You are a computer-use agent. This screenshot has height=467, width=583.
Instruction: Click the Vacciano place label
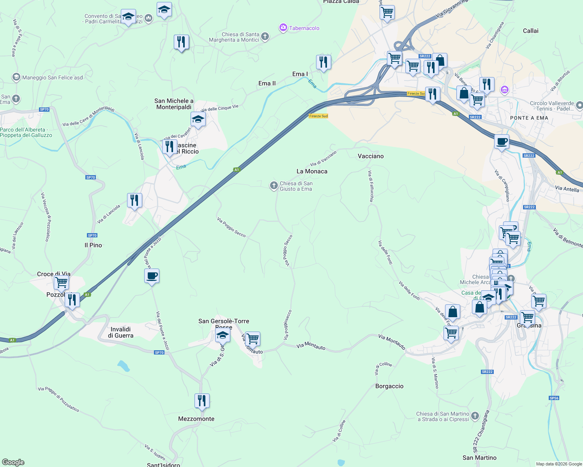(371, 156)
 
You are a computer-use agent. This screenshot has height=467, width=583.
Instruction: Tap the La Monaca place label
(312, 171)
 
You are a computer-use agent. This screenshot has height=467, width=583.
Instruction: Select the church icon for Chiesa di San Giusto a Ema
(274, 186)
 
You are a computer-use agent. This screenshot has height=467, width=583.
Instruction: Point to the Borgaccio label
(389, 386)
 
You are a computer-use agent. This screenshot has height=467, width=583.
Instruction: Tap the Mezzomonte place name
(196, 419)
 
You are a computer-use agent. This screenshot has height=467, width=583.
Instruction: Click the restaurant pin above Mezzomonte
(202, 401)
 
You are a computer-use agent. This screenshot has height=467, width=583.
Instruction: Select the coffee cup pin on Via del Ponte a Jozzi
(152, 276)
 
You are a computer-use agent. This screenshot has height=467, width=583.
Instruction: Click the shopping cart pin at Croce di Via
(62, 283)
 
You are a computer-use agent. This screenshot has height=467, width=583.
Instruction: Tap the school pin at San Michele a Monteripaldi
(198, 119)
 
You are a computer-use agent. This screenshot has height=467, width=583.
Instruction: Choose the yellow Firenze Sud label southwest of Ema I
(318, 116)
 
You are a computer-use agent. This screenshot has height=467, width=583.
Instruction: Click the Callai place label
(530, 31)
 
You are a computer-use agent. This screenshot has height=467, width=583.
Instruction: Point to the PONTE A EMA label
(529, 118)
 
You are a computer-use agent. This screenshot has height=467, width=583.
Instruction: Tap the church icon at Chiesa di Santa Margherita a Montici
(265, 37)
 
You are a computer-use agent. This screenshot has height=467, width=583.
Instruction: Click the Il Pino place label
(93, 245)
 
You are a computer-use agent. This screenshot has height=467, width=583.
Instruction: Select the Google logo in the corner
(13, 462)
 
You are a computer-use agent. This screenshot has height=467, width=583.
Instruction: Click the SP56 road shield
(554, 398)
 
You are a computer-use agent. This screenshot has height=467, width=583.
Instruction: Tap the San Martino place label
(479, 458)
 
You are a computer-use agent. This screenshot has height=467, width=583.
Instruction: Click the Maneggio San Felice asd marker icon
(16, 77)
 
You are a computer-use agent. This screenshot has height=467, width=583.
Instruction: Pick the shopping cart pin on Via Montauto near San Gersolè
(253, 339)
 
